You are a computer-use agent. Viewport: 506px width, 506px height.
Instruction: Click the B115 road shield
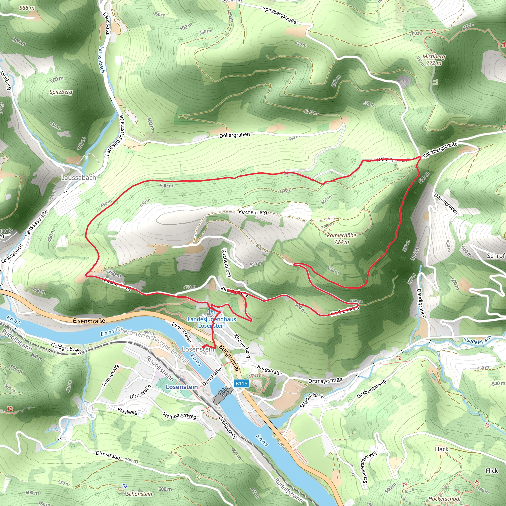pyautogui.click(x=241, y=384)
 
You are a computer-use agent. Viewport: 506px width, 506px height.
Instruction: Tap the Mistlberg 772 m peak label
pyautogui.click(x=433, y=60)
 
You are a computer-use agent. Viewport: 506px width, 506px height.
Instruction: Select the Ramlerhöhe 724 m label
pyautogui.click(x=341, y=238)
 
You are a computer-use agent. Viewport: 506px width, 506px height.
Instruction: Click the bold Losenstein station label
pyautogui.click(x=182, y=387)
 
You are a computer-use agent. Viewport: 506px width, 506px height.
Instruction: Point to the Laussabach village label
pyautogui.click(x=78, y=178)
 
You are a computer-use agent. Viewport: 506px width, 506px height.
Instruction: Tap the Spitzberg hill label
pyautogui.click(x=61, y=92)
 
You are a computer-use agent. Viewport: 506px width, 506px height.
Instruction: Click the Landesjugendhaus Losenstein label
pyautogui.click(x=212, y=322)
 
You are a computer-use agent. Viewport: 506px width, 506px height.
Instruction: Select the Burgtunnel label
pyautogui.click(x=230, y=358)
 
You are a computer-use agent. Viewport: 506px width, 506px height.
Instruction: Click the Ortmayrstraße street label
pyautogui.click(x=325, y=380)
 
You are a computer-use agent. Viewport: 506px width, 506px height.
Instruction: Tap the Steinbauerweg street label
pyautogui.click(x=179, y=415)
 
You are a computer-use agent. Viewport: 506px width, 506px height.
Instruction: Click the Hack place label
pyautogui.click(x=442, y=449)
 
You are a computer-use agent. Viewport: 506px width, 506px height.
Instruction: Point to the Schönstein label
pyautogui.click(x=139, y=494)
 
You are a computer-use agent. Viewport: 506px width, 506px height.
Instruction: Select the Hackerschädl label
pyautogui.click(x=444, y=499)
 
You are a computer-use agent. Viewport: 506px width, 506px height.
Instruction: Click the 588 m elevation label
pyautogui.click(x=27, y=8)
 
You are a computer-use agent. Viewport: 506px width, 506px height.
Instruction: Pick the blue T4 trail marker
pyautogui.click(x=125, y=486)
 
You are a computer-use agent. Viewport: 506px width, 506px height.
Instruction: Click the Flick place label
pyautogui.click(x=491, y=471)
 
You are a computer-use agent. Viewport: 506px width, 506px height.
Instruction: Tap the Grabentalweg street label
pyautogui.click(x=372, y=389)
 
